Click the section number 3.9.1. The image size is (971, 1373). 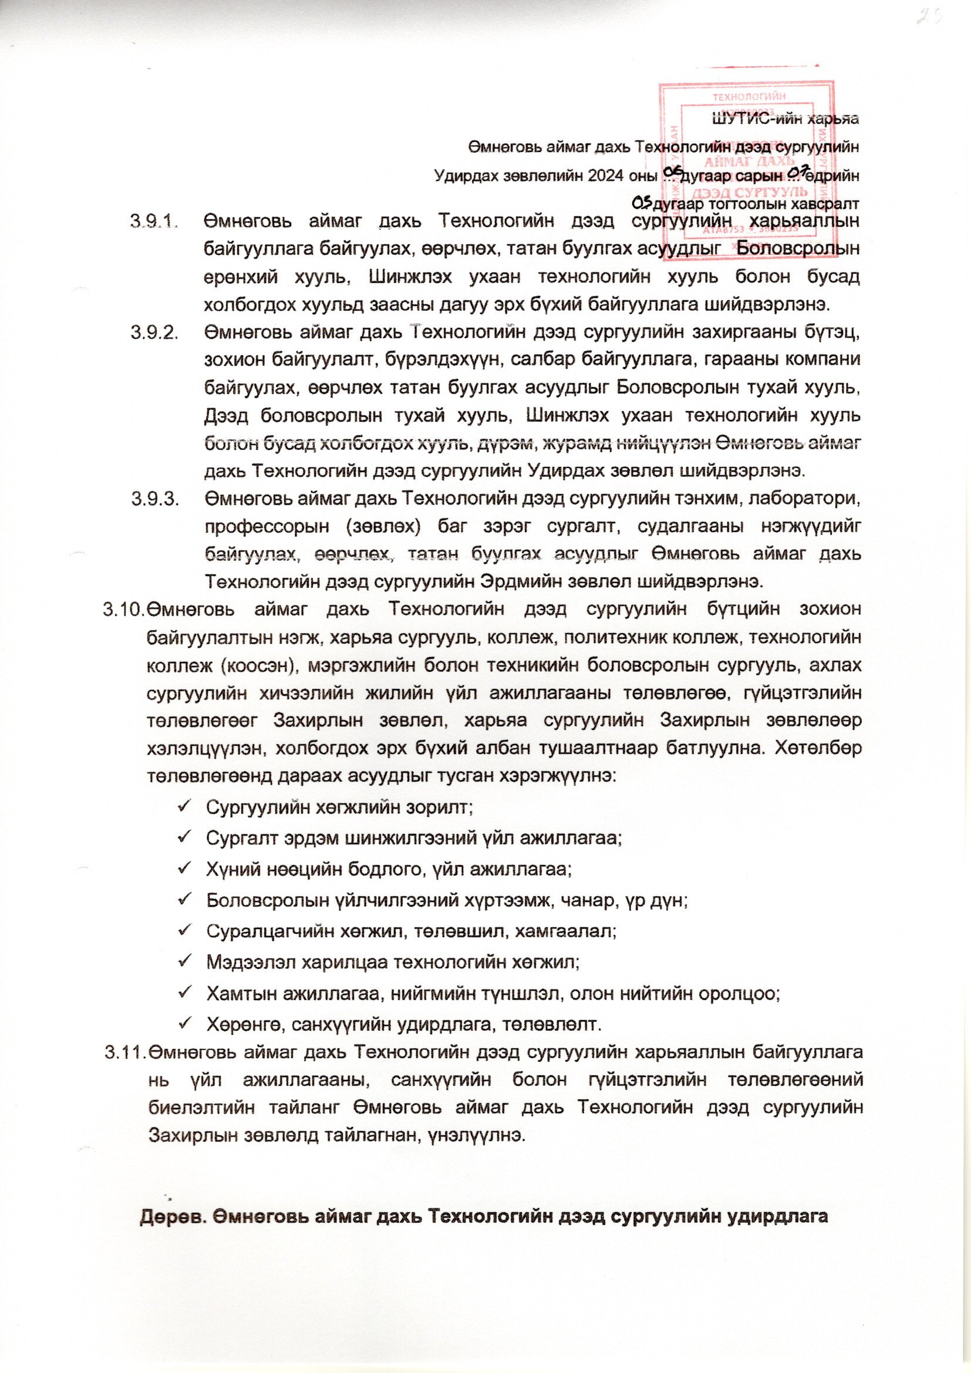(x=154, y=221)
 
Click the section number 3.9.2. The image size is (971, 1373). (x=154, y=332)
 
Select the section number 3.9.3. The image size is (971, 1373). (x=154, y=498)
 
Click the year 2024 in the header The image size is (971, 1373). (x=611, y=176)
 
